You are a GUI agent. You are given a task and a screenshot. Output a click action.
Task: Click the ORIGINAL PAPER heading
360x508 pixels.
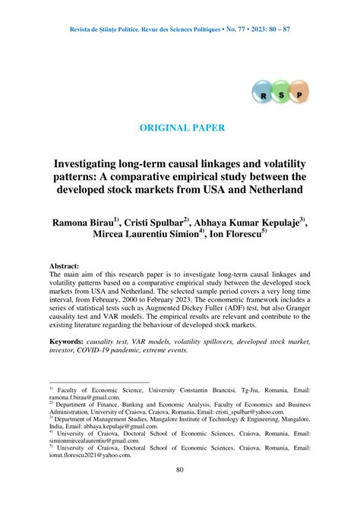179,128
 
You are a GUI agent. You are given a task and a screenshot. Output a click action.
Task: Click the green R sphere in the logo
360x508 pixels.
263,96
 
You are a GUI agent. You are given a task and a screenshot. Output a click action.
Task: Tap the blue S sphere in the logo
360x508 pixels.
282,95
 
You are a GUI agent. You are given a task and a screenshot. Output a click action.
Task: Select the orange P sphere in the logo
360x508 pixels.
300,95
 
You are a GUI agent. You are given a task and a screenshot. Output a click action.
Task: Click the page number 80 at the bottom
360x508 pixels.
180,469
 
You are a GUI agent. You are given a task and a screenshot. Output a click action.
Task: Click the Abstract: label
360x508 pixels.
65,267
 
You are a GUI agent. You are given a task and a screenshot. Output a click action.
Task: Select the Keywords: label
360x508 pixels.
72,342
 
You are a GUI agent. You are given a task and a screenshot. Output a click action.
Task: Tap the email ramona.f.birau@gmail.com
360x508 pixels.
84,396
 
